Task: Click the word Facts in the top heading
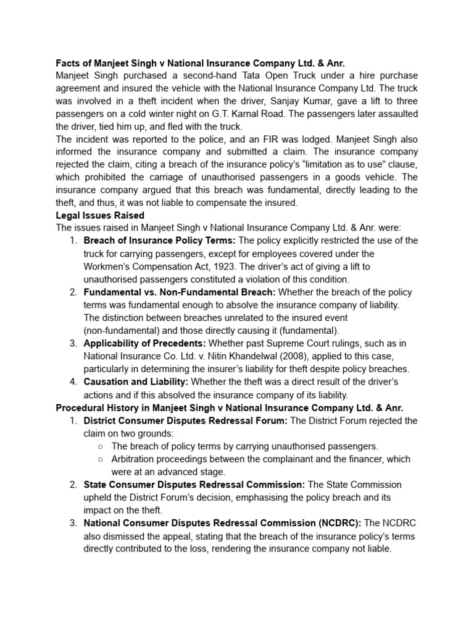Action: pyautogui.click(x=68, y=62)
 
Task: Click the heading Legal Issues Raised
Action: pyautogui.click(x=100, y=215)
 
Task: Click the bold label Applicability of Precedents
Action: pyautogui.click(x=144, y=343)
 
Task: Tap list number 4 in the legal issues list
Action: pyautogui.click(x=73, y=381)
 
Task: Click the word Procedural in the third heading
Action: pyautogui.click(x=79, y=407)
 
